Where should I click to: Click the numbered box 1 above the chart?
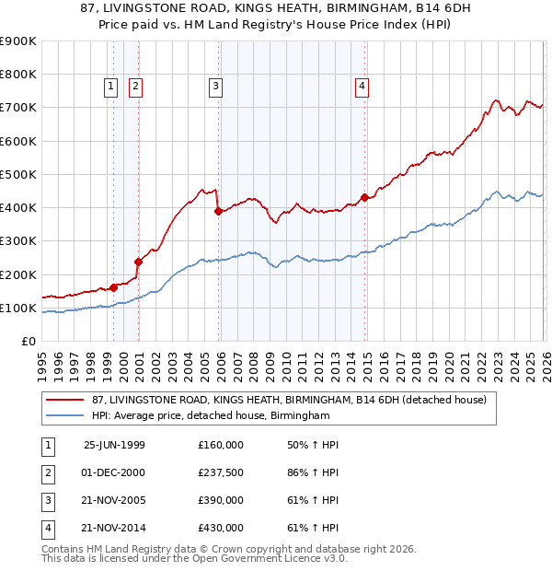tap(110, 87)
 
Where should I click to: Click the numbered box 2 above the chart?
tap(135, 87)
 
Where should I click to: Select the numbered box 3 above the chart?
tap(215, 87)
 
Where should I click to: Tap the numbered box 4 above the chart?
tap(362, 87)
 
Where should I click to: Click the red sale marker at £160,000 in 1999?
tap(114, 287)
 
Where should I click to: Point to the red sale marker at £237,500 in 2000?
tap(138, 262)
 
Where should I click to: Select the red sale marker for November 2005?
tap(219, 211)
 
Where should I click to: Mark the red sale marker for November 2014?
tap(365, 197)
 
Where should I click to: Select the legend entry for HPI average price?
tap(210, 416)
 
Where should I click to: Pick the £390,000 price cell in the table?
tap(221, 501)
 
